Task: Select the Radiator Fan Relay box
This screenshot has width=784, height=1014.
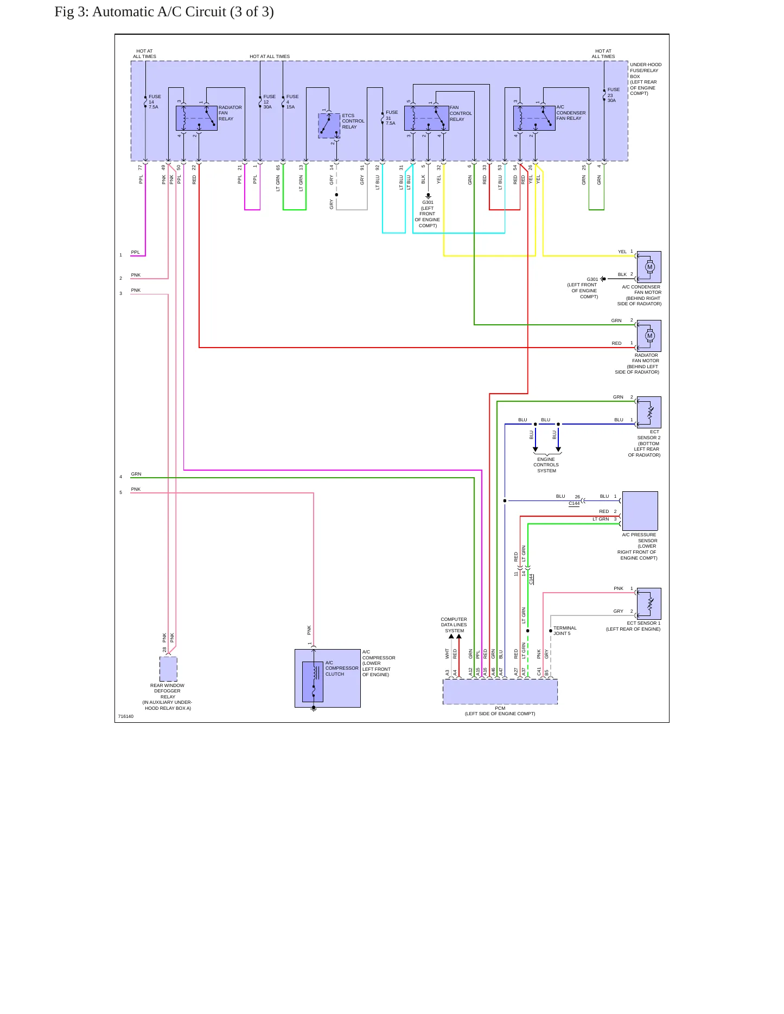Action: point(196,118)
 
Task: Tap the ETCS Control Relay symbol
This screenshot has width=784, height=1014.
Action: point(329,126)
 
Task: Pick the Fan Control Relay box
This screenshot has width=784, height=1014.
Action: point(426,118)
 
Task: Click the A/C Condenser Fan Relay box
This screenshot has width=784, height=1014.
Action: point(534,118)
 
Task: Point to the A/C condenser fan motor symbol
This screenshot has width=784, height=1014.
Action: point(649,267)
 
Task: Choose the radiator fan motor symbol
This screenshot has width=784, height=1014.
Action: point(649,336)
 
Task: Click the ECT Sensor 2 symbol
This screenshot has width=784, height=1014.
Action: point(649,412)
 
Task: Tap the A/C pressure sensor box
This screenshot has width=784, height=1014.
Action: point(640,511)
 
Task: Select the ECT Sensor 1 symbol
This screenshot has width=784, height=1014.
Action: point(649,604)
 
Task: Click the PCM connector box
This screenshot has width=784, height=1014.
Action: point(500,692)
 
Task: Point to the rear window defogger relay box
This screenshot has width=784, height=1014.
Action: point(168,669)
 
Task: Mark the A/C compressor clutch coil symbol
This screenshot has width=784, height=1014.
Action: point(313,682)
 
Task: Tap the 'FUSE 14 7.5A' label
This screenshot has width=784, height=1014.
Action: point(155,102)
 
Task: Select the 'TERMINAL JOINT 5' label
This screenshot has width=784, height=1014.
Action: point(565,631)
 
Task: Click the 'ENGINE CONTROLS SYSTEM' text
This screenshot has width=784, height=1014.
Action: point(546,465)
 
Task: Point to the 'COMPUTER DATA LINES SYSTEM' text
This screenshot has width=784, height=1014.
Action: point(454,625)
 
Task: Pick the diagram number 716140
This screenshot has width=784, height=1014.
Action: point(126,716)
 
